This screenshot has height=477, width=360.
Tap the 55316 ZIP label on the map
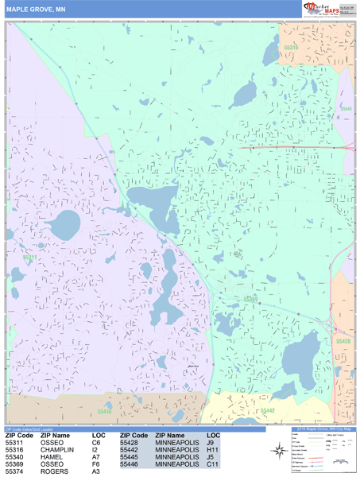coord(292,48)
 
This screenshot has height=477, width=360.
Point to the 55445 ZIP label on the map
coord(346,109)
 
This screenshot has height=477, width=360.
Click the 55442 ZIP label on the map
coord(267,410)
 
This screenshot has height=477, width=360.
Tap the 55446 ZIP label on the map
coord(105,412)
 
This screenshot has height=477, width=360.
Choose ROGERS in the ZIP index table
coord(54,472)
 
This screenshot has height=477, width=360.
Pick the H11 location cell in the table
coord(211,449)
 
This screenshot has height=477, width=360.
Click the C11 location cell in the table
coord(211,464)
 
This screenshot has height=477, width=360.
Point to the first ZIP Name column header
coord(55,436)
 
